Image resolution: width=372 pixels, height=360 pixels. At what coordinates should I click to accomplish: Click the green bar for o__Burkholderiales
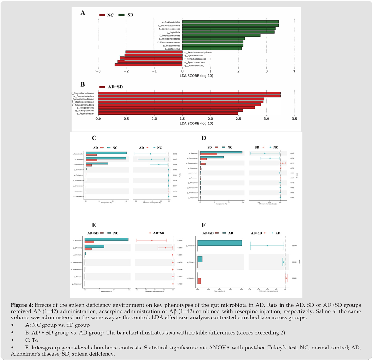pos(230,22)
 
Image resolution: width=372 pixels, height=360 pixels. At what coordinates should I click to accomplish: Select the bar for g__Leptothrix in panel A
pos(228,32)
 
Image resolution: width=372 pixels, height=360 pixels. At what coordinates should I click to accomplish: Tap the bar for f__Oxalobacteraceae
pos(221,35)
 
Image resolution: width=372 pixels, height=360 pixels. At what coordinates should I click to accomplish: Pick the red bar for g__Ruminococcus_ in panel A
pos(148,65)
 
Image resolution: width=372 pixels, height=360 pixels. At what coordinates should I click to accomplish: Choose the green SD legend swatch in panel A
pos(122,15)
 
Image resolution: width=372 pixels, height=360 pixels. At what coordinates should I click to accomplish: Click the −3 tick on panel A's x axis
pos(98,71)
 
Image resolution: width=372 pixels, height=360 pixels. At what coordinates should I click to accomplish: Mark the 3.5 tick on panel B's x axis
pos(294,119)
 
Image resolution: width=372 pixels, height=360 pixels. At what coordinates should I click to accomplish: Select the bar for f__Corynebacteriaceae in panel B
pos(189,93)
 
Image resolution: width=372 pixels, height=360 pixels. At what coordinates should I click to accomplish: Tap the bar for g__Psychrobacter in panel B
pos(168,114)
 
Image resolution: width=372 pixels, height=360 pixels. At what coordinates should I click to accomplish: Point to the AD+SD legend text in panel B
pos(115,87)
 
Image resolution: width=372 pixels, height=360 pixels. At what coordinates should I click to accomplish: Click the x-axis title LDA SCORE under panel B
pos(196,124)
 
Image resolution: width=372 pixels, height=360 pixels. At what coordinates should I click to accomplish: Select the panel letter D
pos(204,138)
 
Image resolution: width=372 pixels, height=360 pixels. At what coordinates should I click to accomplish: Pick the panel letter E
pos(94,225)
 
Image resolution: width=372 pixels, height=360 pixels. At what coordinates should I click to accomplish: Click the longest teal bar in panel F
pos(220,243)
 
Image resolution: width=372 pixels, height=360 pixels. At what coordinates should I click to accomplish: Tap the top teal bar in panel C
pos(106,153)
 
